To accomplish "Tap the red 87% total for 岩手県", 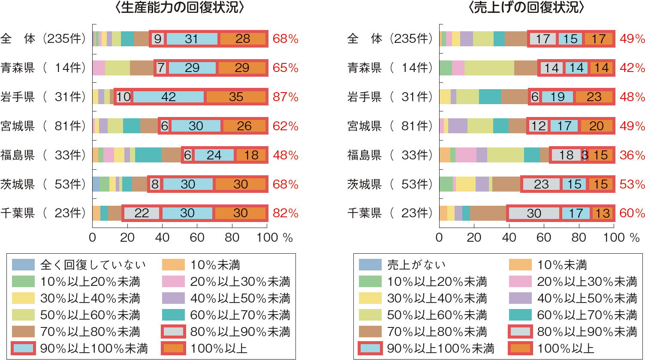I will [286, 97].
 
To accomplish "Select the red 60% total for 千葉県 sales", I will [632, 213].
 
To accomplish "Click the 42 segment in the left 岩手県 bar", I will [169, 97].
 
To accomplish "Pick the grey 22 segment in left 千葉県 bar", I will [142, 213].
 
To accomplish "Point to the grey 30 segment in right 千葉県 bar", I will [534, 213].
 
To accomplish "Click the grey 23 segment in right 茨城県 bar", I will [541, 184].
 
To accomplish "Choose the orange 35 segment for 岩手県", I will [236, 97].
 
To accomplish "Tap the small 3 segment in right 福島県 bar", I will [585, 155].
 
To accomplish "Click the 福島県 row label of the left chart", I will [18, 155].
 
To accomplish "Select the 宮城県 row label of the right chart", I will [365, 126].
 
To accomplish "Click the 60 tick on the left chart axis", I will [197, 237].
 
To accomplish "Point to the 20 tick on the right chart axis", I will [474, 237].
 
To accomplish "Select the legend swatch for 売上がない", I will [370, 265].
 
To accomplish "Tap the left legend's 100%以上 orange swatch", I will [173, 348].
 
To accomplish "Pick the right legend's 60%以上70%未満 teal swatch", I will [520, 315].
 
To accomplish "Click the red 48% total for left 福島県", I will [286, 155].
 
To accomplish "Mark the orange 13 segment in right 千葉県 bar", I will [603, 213].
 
